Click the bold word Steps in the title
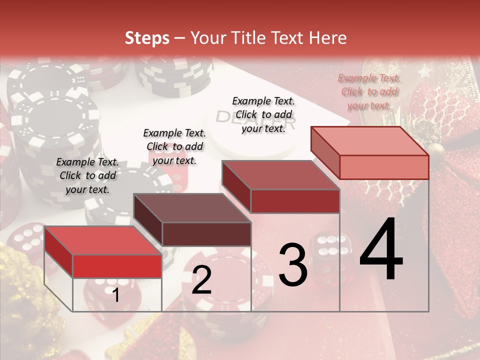(x=147, y=38)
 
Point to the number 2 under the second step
(x=201, y=280)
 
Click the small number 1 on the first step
(x=115, y=295)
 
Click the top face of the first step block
(x=102, y=240)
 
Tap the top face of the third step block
(x=280, y=175)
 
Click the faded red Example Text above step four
(x=369, y=91)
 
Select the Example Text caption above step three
(x=263, y=114)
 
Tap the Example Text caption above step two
(x=174, y=146)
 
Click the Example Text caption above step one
(x=87, y=175)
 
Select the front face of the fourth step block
(x=384, y=167)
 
